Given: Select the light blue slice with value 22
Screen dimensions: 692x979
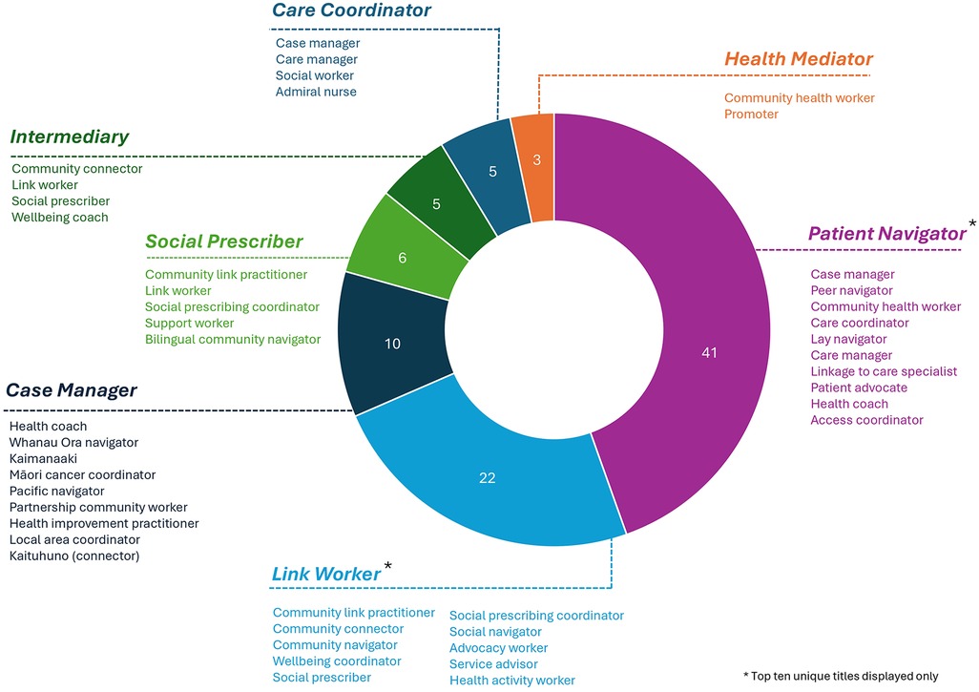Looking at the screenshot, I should click(487, 477).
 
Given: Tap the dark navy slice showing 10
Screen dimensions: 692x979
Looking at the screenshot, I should click(392, 344).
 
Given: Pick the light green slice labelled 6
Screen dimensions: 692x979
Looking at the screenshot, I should click(402, 258).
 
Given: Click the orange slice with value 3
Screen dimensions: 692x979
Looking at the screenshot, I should click(536, 160).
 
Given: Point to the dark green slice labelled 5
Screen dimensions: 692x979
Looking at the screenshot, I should click(436, 203).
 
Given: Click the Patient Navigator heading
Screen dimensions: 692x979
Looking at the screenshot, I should click(887, 234).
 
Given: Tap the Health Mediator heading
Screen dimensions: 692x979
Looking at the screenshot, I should click(799, 59).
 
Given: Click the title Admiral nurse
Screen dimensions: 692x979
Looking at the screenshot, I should click(316, 92).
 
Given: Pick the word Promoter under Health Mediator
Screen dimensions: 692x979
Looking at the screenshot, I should click(751, 115).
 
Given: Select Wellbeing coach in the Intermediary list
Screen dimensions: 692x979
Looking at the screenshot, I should click(60, 218).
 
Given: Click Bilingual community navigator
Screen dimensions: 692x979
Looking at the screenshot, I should click(233, 340).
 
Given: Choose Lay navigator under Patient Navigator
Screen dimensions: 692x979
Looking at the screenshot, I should click(848, 339).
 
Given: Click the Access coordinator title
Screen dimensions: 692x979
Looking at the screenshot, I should click(866, 420).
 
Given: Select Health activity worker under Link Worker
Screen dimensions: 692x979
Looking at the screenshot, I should click(512, 681).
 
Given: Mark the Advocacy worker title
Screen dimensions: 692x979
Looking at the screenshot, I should click(498, 648).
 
